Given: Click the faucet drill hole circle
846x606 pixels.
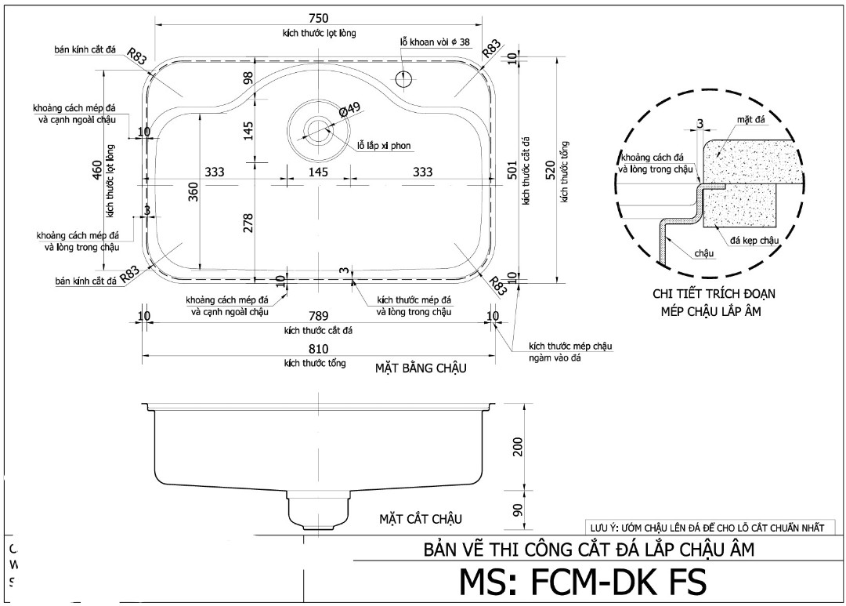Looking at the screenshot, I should pos(405,78).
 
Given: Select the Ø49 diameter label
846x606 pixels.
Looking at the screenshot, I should pos(349,111).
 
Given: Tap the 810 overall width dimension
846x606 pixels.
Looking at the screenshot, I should pos(318,348).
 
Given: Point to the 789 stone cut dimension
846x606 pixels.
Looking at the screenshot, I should pos(318,316).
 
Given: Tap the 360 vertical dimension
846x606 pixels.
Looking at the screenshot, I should pos(193,191).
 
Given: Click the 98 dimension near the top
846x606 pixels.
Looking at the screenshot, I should pos(248,79).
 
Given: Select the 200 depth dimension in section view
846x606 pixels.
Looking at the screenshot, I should pos(516,447).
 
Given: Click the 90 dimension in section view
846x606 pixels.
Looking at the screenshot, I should pos(516,510).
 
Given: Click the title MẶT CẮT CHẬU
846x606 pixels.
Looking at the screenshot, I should pos(421,519).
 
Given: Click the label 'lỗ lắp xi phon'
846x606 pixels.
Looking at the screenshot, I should pos(384,146).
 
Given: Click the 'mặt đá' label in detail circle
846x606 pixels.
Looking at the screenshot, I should pos(750,118).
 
